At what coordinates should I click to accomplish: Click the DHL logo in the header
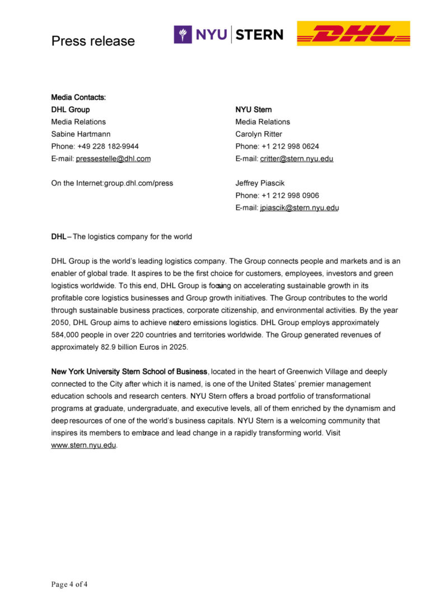coord(353,34)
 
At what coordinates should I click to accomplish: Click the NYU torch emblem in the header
coord(183,35)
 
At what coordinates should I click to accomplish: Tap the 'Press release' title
coord(93,41)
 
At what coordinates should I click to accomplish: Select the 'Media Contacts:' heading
coord(78,98)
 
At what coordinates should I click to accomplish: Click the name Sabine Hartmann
coord(81,134)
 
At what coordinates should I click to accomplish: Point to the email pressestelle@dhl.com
coord(113,159)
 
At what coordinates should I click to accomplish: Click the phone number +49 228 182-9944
coord(107,146)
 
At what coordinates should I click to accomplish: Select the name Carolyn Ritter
coord(259,134)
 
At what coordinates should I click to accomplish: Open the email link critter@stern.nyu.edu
coord(297,159)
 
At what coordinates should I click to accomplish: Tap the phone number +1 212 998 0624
coord(290,146)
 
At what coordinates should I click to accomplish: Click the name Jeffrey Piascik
coord(259,183)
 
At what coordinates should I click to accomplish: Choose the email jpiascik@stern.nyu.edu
coord(300,208)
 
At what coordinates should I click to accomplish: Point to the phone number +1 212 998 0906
coord(290,196)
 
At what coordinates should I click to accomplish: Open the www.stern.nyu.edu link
coord(83,446)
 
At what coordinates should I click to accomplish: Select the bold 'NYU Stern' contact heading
coord(254,109)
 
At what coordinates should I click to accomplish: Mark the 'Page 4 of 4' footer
coord(69,585)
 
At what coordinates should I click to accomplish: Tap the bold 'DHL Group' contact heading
coord(71,109)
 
